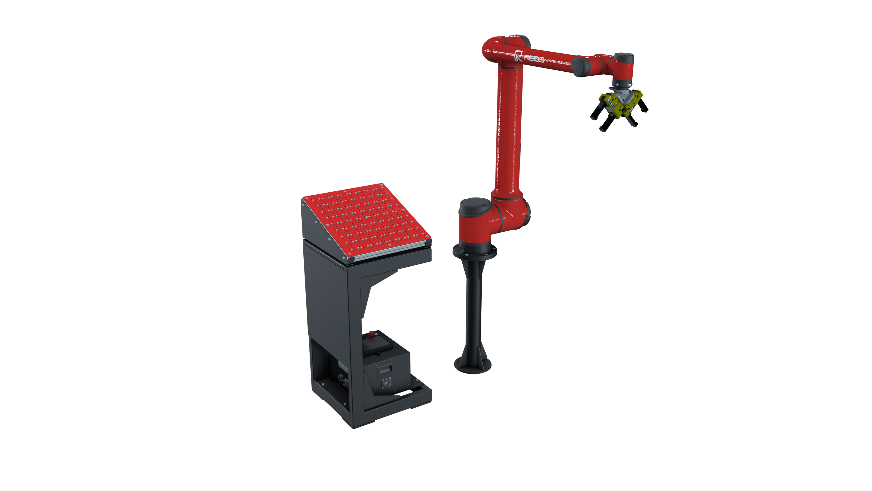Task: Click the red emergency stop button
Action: (x=371, y=333)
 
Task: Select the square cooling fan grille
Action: (x=386, y=383)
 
